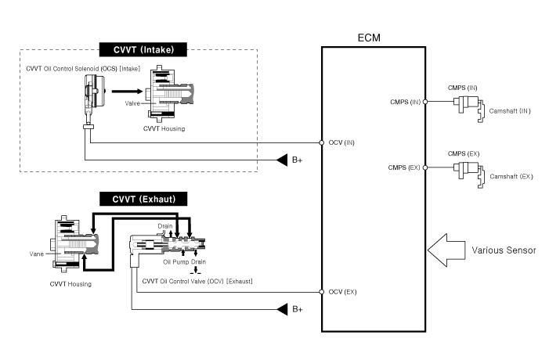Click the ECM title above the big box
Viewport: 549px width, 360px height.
[x=373, y=37]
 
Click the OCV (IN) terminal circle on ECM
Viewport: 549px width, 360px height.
[x=322, y=142]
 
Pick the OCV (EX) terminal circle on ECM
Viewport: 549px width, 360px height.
[x=322, y=291]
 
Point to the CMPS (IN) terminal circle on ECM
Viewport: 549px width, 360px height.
[x=425, y=101]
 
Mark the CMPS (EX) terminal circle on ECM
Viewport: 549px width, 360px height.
[x=425, y=167]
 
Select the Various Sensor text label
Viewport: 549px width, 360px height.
[x=503, y=250]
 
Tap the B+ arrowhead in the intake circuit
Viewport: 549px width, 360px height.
[x=283, y=161]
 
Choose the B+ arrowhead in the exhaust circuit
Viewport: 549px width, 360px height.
[x=283, y=309]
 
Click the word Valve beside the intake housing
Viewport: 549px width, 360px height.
[x=132, y=102]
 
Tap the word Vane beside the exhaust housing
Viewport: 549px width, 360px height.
[x=36, y=253]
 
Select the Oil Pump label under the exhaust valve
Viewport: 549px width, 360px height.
[x=175, y=261]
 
